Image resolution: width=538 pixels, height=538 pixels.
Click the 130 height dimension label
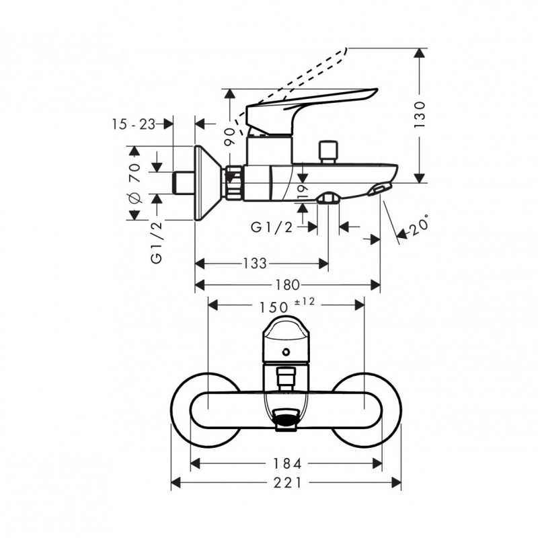coord(419,114)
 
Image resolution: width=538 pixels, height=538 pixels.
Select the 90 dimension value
coord(230,137)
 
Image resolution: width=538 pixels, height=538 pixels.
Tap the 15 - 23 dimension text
coord(134,124)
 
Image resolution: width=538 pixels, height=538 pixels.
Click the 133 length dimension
coord(255,264)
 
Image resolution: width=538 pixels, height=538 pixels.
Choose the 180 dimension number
coord(288,284)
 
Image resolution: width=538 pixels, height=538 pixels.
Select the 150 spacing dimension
coord(274,307)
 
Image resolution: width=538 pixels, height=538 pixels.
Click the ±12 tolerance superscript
coord(305,301)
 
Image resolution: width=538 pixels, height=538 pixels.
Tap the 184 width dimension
coord(287,464)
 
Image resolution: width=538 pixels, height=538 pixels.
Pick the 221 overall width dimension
coord(288,483)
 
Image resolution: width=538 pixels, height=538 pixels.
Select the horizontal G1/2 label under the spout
coord(272,227)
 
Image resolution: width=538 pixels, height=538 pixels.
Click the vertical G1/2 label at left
coord(157,242)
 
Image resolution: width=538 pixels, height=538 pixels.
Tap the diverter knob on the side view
coord(328,151)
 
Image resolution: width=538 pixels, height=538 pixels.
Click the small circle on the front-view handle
coord(285,352)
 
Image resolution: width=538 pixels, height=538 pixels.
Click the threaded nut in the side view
coord(234,182)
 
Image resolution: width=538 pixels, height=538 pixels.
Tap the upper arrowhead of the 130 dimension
coord(419,54)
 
